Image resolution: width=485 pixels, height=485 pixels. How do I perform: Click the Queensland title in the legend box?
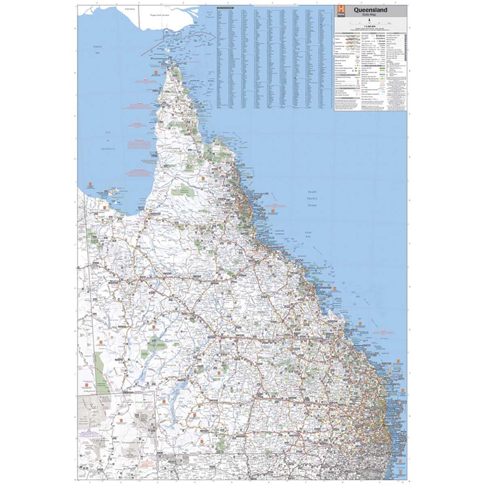pyautogui.click(x=370, y=10)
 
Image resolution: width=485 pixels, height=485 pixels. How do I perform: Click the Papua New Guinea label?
pyautogui.click(x=159, y=15)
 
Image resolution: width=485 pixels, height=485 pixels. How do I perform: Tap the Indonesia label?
pyautogui.click(x=129, y=8)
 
